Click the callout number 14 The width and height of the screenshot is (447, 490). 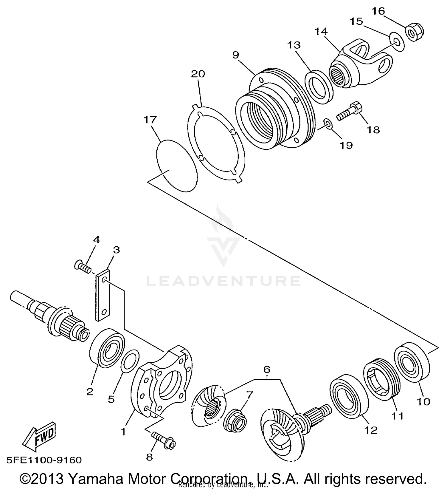coord(321,31)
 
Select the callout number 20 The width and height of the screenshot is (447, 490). coord(198,74)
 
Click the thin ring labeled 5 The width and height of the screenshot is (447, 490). coord(130,361)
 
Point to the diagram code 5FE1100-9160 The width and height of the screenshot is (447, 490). coord(43,460)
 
